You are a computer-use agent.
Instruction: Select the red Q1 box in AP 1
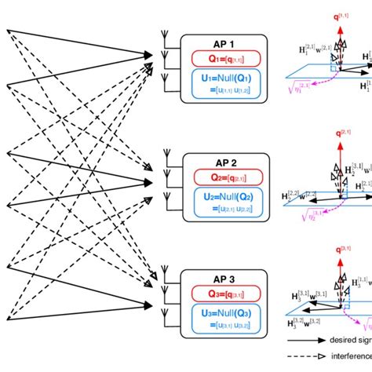click(x=226, y=58)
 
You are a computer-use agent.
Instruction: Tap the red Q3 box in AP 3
click(x=226, y=295)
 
